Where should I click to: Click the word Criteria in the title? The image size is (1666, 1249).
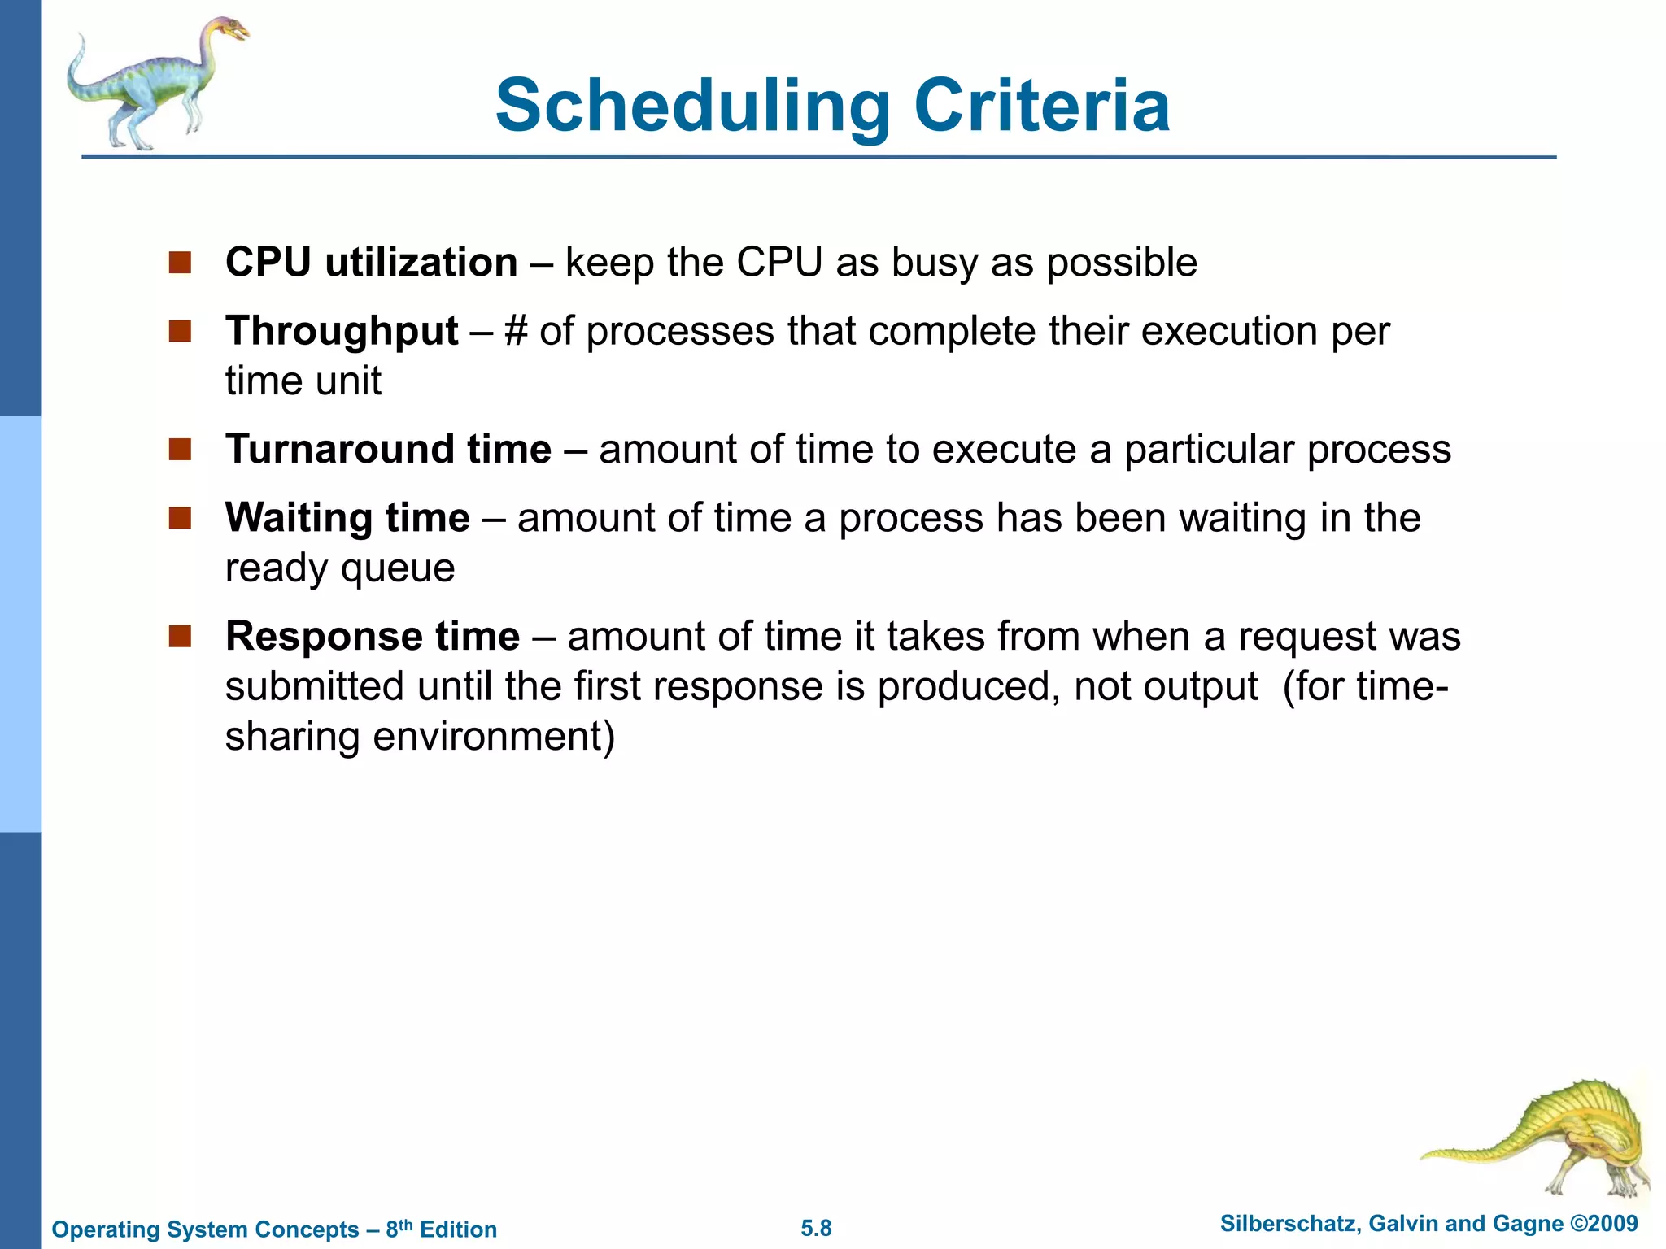click(x=1042, y=106)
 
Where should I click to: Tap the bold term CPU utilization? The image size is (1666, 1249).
click(x=371, y=263)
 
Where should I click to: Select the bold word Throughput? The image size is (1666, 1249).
click(x=342, y=331)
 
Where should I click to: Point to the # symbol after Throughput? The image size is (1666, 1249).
click(x=516, y=331)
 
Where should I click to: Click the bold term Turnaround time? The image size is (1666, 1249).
click(x=388, y=449)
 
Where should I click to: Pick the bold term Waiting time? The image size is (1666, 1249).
click(x=347, y=517)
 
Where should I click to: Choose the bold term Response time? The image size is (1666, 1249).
click(x=372, y=636)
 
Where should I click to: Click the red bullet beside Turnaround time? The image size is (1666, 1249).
click(x=180, y=450)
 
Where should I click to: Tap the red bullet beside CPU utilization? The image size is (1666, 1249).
click(x=180, y=263)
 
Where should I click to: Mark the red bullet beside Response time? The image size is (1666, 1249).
click(x=180, y=636)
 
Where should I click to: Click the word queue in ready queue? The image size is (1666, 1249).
click(x=398, y=568)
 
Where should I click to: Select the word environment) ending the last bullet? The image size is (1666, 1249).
click(x=494, y=737)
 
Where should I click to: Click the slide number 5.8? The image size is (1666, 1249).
click(x=816, y=1228)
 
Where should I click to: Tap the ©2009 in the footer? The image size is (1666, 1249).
click(x=1603, y=1224)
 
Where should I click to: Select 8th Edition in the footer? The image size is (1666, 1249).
click(x=441, y=1229)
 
